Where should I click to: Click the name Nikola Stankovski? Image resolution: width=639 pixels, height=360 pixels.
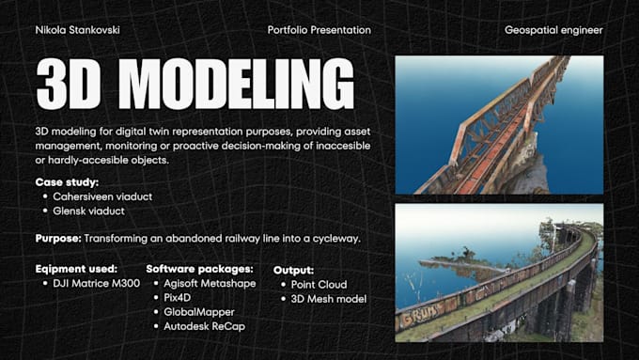pyautogui.click(x=78, y=30)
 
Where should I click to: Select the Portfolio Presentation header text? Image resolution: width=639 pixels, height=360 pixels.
pyautogui.click(x=319, y=30)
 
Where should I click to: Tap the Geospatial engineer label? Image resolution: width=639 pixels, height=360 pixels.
pyautogui.click(x=553, y=30)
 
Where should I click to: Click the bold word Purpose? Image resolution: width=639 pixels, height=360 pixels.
pyautogui.click(x=61, y=239)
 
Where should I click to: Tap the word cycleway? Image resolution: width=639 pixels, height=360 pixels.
pyautogui.click(x=334, y=239)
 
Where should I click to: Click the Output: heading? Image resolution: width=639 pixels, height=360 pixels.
pyautogui.click(x=293, y=270)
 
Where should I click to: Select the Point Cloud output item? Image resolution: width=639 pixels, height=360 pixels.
pyautogui.click(x=319, y=285)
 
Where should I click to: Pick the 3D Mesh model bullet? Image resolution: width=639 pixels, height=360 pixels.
pyautogui.click(x=327, y=299)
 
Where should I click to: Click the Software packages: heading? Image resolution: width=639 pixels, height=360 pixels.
pyautogui.click(x=199, y=268)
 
